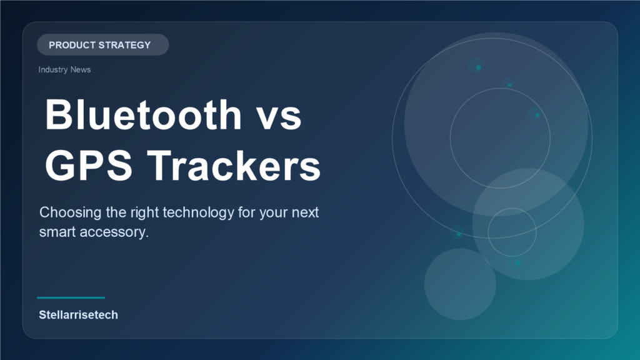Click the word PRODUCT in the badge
pos(71,45)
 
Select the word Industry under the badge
pos(52,69)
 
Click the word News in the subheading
pos(80,69)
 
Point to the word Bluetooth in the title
pos(143,115)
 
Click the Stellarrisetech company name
pos(78,315)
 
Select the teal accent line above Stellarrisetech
pos(71,297)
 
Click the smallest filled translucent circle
pos(460,284)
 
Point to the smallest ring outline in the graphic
pos(512,232)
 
